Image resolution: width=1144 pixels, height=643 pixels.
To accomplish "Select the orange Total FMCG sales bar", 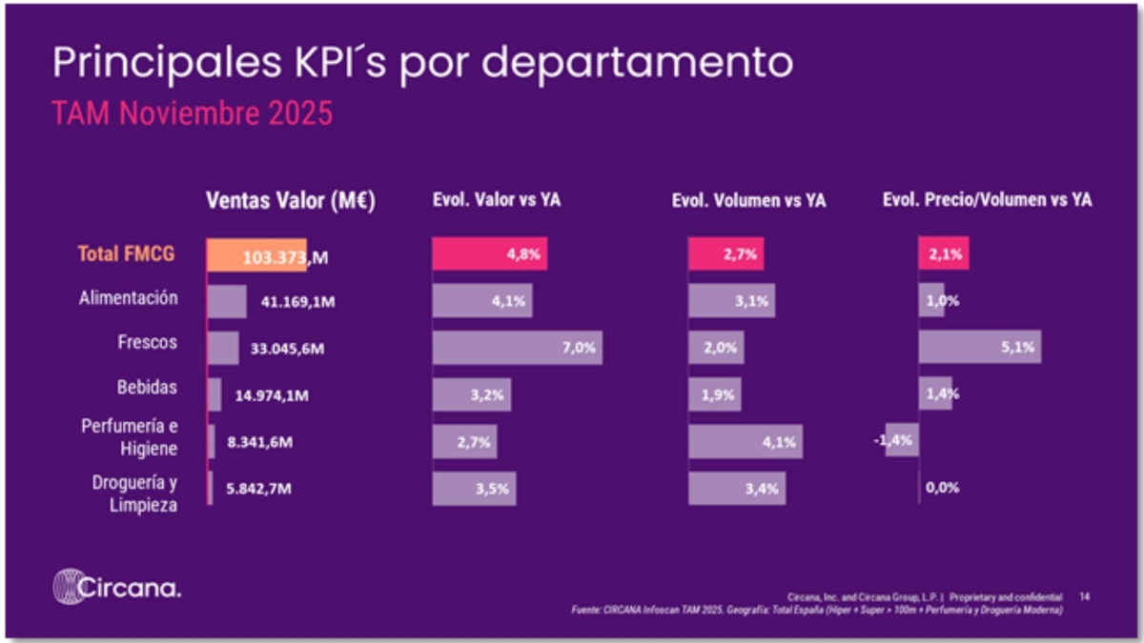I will tap(256, 255).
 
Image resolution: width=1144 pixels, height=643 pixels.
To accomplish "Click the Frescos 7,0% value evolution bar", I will tap(517, 348).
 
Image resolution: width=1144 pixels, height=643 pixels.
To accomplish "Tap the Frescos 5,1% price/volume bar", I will tap(979, 348).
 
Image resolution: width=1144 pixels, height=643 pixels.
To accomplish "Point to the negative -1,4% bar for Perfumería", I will tap(902, 440).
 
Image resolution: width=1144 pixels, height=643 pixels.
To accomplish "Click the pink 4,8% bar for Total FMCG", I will tap(489, 255).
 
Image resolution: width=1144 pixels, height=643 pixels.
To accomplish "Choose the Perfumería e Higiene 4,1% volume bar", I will tap(746, 441).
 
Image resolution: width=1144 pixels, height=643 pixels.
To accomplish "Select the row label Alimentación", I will tap(129, 297).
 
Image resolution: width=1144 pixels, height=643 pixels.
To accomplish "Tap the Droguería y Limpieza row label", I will tap(134, 493).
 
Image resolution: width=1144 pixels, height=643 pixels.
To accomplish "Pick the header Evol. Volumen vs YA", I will tap(748, 201).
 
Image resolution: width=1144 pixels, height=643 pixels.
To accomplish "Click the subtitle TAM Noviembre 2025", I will tap(192, 114).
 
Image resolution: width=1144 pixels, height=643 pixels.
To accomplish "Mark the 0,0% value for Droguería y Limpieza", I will tap(942, 488).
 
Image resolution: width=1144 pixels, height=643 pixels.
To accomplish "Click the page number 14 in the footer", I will tap(1085, 596).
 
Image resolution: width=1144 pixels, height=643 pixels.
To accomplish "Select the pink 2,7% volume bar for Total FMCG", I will tap(725, 255).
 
